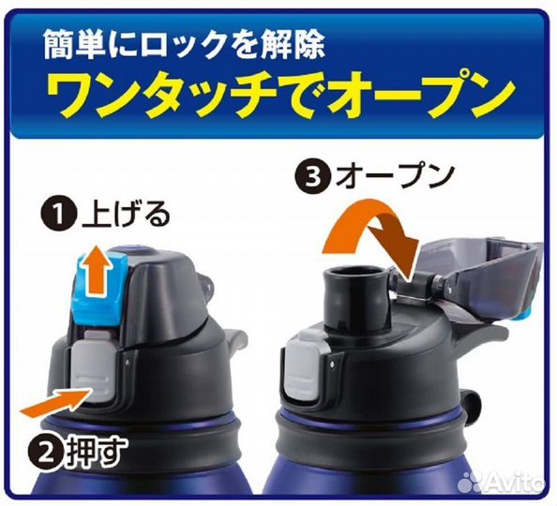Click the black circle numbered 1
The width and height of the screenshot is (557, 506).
59,215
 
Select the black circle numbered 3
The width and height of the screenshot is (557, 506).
313,176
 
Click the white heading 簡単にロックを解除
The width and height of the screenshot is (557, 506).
185,44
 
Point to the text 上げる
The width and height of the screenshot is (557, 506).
125,215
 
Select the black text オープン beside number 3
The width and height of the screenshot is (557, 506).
395,176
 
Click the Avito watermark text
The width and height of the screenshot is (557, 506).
515,482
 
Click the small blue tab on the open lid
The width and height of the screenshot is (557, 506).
527,315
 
